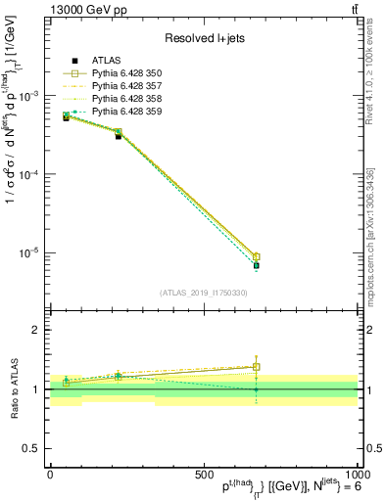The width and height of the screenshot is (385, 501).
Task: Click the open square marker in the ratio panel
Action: pyautogui.click(x=256, y=367)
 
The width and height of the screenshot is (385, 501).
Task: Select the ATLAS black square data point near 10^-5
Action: pyautogui.click(x=256, y=265)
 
